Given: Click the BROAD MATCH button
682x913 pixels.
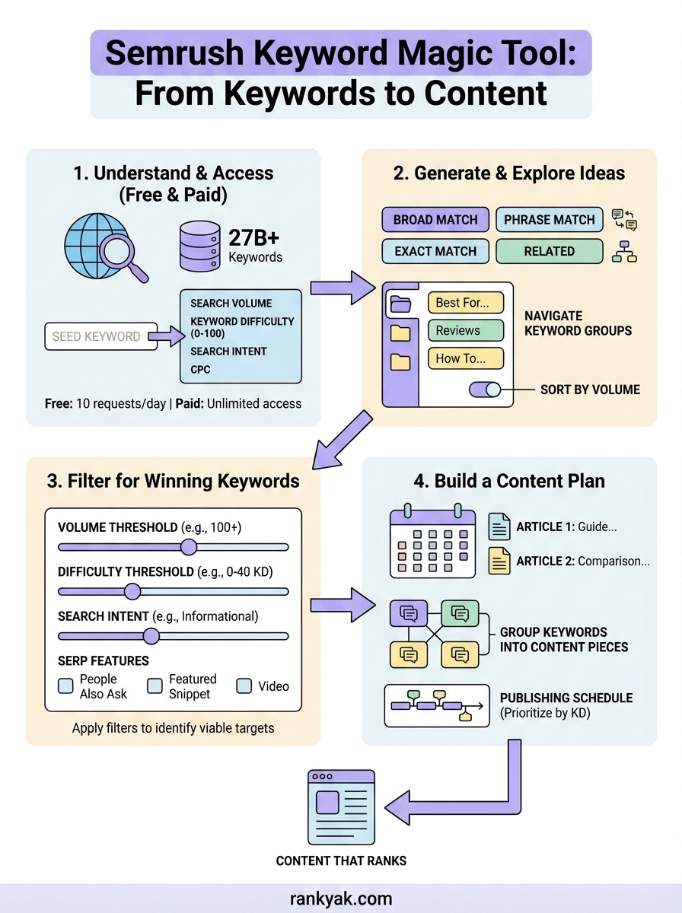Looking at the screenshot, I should pyautogui.click(x=435, y=220).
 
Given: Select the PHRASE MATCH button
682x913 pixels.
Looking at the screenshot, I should pyautogui.click(x=549, y=220).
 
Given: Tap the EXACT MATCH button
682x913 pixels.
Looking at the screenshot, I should pyautogui.click(x=435, y=251).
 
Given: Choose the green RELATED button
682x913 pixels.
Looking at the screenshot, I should pyautogui.click(x=549, y=251).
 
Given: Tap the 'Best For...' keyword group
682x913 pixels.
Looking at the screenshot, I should pyautogui.click(x=465, y=302).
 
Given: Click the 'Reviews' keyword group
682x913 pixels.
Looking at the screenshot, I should pyautogui.click(x=465, y=330).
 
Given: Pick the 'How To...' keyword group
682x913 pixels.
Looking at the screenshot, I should pyautogui.click(x=465, y=358).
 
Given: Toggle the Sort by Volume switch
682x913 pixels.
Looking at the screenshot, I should pyautogui.click(x=484, y=390).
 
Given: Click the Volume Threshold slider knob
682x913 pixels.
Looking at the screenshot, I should pyautogui.click(x=188, y=547).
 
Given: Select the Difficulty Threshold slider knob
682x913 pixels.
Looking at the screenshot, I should pyautogui.click(x=132, y=591).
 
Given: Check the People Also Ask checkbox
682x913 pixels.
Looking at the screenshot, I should pyautogui.click(x=66, y=686).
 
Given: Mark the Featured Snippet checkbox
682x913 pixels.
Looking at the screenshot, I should pyautogui.click(x=155, y=686).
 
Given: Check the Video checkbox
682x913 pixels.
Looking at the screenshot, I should pyautogui.click(x=244, y=686).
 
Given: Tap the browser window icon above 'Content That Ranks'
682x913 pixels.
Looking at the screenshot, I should pyautogui.click(x=342, y=806).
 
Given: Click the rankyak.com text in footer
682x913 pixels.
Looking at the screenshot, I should pyautogui.click(x=341, y=899).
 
